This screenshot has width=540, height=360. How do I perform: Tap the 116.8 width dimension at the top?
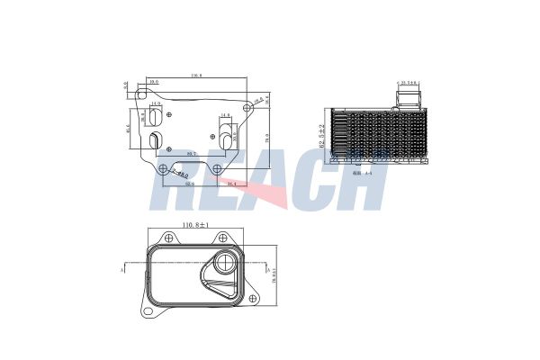point(194,76)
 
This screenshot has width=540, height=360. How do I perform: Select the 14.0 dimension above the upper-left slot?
point(155,103)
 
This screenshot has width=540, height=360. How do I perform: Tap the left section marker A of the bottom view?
point(121,268)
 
